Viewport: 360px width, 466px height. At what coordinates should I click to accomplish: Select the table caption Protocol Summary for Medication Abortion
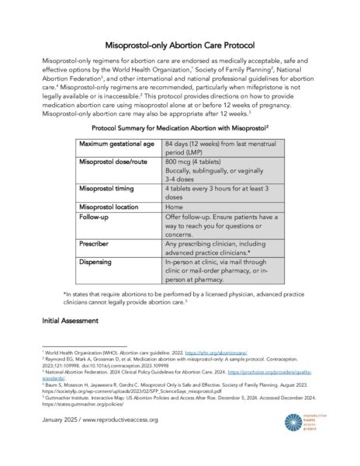pyautogui.click(x=179, y=127)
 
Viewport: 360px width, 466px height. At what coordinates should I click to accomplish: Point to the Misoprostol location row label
pyautogui.click(x=112, y=207)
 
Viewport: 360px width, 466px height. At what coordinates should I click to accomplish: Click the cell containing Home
pyautogui.click(x=174, y=207)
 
